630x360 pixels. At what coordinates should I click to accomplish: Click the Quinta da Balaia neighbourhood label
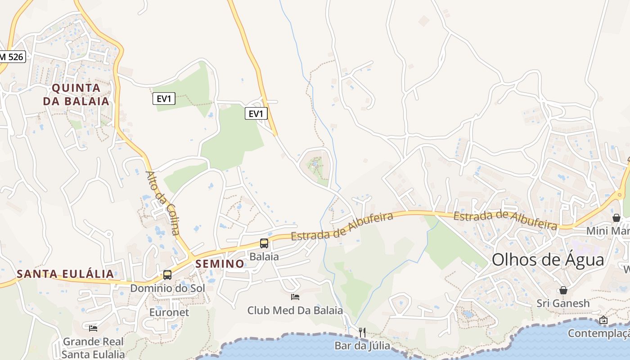pyautogui.click(x=76, y=94)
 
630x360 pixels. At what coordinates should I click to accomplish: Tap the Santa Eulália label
pyautogui.click(x=65, y=274)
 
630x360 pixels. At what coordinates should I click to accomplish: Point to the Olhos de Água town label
pyautogui.click(x=548, y=260)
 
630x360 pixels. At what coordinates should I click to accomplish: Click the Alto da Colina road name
pyautogui.click(x=162, y=203)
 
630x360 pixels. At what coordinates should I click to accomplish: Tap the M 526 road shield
pyautogui.click(x=12, y=57)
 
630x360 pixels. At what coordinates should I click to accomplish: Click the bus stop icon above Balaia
pyautogui.click(x=264, y=243)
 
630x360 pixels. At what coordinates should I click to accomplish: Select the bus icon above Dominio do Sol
pyautogui.click(x=167, y=274)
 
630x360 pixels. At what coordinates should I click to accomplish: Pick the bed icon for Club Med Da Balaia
pyautogui.click(x=295, y=297)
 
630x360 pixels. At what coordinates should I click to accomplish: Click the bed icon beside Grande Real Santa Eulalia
pyautogui.click(x=93, y=328)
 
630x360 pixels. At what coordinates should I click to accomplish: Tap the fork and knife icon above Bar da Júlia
pyautogui.click(x=362, y=333)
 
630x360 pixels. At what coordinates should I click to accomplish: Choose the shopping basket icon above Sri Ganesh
pyautogui.click(x=563, y=290)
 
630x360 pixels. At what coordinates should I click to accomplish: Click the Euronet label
pyautogui.click(x=169, y=312)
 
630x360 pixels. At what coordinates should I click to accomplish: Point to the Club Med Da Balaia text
pyautogui.click(x=295, y=310)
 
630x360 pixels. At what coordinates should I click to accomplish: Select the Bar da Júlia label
pyautogui.click(x=362, y=346)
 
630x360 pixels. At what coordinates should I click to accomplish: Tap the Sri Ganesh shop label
pyautogui.click(x=563, y=303)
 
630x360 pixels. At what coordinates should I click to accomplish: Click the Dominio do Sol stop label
pyautogui.click(x=167, y=288)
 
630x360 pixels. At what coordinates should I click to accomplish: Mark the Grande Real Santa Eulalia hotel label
pyautogui.click(x=94, y=348)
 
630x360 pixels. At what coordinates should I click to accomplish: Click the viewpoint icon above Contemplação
pyautogui.click(x=603, y=320)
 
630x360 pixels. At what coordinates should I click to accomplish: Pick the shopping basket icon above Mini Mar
pyautogui.click(x=616, y=218)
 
